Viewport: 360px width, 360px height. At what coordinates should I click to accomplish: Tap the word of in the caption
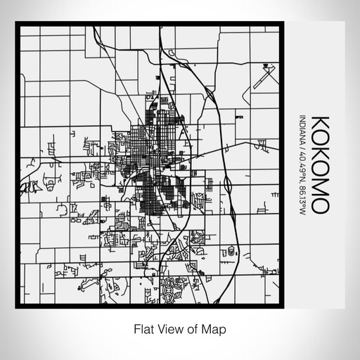tap(191, 328)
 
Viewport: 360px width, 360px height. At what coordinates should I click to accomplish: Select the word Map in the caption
tap(213, 328)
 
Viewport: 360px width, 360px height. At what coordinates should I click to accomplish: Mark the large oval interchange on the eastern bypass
tap(229, 185)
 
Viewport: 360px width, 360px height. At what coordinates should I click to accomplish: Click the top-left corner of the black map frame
tap(17, 23)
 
